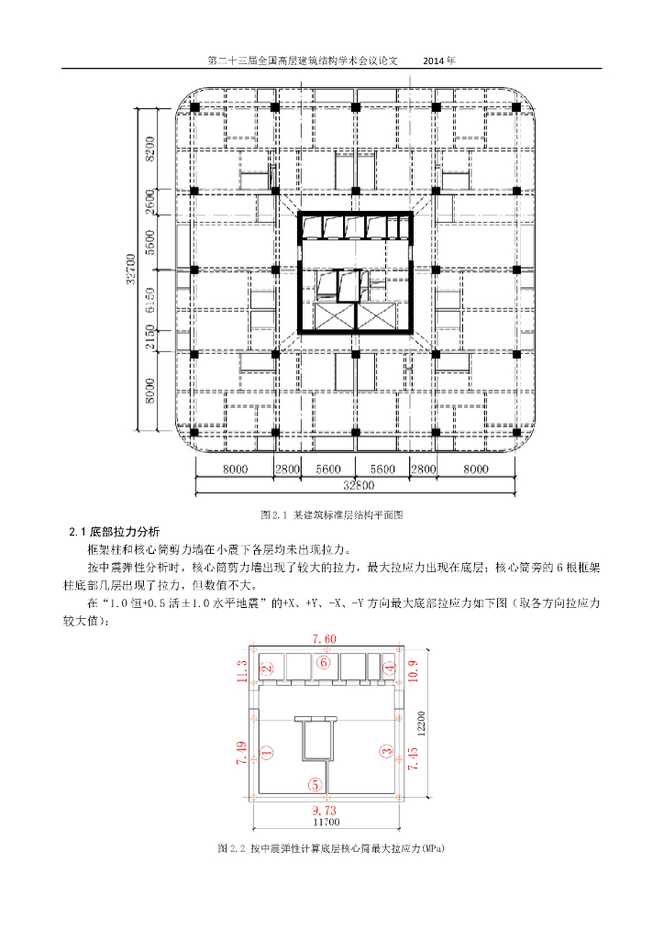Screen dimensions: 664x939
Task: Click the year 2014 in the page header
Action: click(x=439, y=61)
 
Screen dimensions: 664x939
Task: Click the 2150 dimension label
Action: click(x=149, y=337)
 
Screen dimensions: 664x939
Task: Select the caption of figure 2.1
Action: click(x=333, y=514)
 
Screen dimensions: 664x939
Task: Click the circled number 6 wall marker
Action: click(x=322, y=661)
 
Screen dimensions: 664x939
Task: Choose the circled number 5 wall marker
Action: click(x=315, y=785)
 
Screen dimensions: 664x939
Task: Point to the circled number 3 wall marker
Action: click(x=385, y=750)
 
